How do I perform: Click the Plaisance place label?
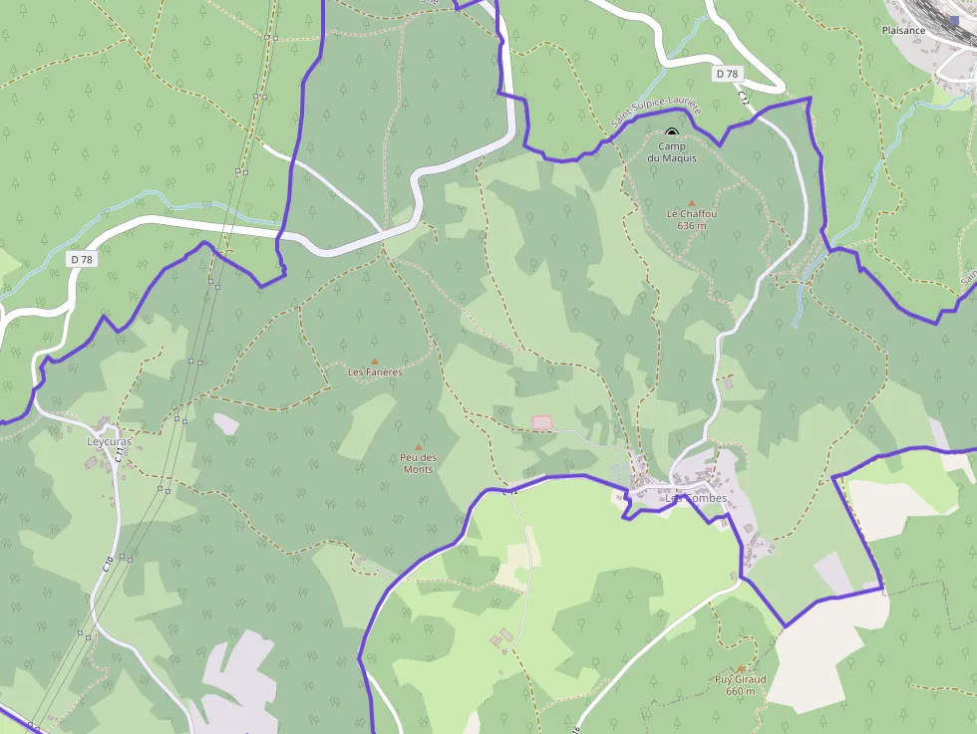[x=903, y=30]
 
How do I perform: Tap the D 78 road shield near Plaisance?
[x=728, y=74]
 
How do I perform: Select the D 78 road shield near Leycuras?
[x=82, y=259]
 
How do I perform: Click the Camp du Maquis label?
[x=671, y=152]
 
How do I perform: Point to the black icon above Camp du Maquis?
[x=671, y=131]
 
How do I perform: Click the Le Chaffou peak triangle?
[x=691, y=201]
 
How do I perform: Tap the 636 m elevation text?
[x=691, y=226]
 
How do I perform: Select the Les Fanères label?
[x=375, y=372]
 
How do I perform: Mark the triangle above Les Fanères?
[x=375, y=361]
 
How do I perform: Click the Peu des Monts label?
[x=419, y=463]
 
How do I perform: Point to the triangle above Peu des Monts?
[x=418, y=446]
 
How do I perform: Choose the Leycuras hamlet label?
[x=109, y=441]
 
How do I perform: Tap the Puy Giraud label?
[x=740, y=680]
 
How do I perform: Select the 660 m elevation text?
[x=740, y=691]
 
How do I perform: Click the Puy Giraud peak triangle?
[x=740, y=669]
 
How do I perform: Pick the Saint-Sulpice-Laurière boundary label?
[x=656, y=112]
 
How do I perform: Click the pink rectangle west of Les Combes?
[x=541, y=423]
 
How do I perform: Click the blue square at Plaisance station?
[x=954, y=19]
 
